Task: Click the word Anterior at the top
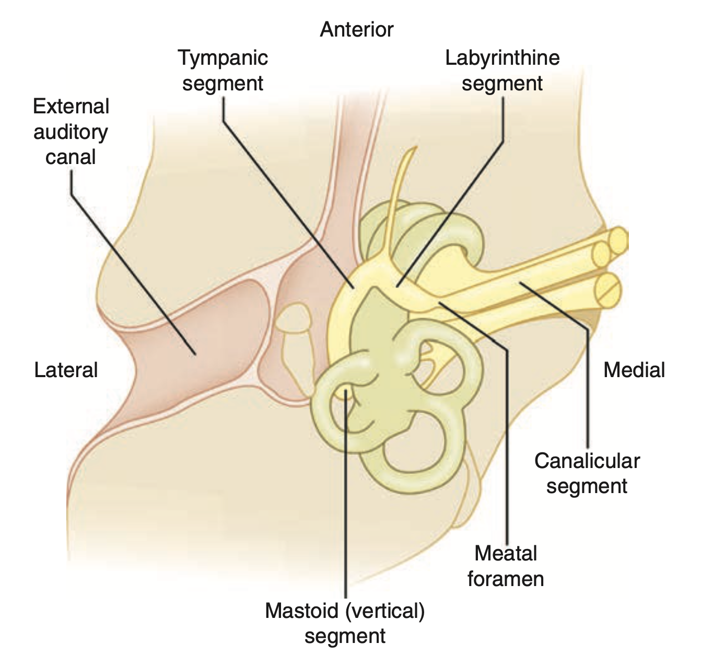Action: [x=356, y=30]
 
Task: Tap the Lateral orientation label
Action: [x=66, y=370]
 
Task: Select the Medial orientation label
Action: [x=634, y=370]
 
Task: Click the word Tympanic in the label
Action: [x=223, y=57]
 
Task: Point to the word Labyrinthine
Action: [x=502, y=57]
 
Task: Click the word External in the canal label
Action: [x=71, y=107]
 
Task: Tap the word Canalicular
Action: [x=587, y=461]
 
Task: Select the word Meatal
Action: [x=506, y=553]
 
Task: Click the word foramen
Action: [x=506, y=579]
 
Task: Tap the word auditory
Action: [x=71, y=132]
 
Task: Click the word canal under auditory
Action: [x=71, y=157]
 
